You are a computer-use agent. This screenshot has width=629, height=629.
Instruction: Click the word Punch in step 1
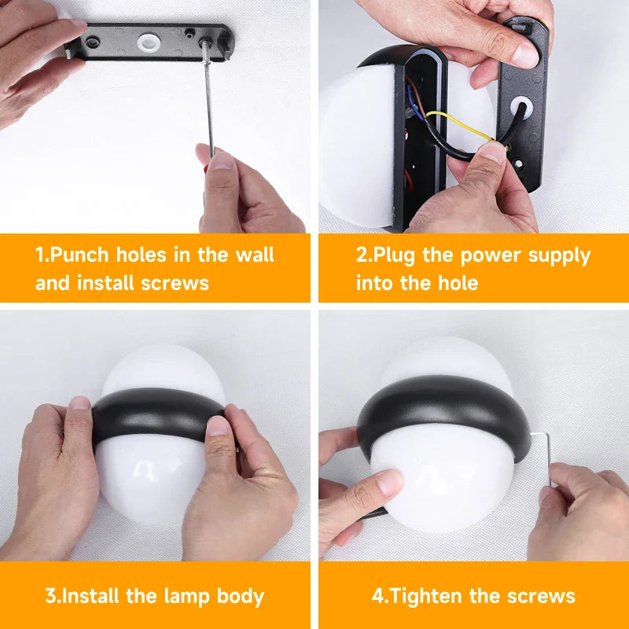80,255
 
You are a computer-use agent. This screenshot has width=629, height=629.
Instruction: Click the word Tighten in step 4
426,596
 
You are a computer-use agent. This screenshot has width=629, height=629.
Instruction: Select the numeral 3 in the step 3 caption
50,596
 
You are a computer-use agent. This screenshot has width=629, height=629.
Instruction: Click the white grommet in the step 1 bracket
147,42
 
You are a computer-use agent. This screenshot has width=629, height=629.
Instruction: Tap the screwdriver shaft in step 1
208,101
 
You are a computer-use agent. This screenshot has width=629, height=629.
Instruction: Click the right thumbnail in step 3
219,426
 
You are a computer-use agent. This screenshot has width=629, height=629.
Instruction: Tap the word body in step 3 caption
241,597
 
